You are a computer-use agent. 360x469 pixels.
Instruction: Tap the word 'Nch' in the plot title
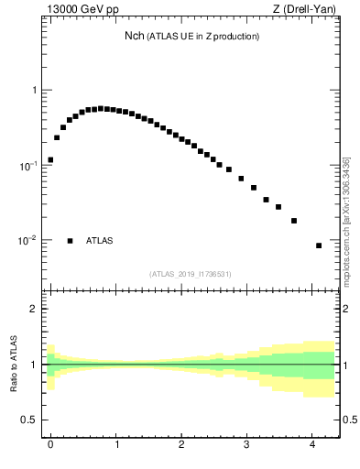(135, 36)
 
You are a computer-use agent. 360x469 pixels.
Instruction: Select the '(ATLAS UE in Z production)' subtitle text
(203, 37)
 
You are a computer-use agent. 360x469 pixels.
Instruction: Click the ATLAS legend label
(100, 241)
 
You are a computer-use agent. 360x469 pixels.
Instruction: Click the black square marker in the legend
(70, 241)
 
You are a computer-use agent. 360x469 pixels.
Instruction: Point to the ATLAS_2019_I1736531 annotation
(191, 274)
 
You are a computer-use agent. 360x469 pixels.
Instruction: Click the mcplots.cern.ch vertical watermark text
(346, 220)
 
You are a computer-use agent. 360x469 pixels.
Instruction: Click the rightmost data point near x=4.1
(319, 245)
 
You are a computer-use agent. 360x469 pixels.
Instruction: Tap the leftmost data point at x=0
(50, 159)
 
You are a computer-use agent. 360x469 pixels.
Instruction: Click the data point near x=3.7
(294, 221)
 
